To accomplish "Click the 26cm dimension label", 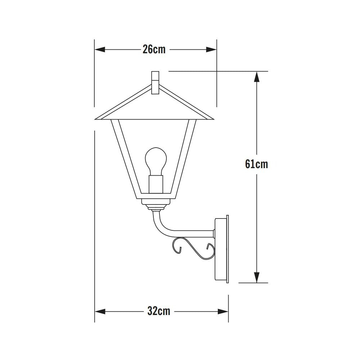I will (x=154, y=50).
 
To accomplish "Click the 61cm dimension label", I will (x=256, y=164).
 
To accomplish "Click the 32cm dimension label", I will (x=158, y=311).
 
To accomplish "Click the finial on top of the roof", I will (x=156, y=82).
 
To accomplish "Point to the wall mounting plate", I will (x=222, y=249).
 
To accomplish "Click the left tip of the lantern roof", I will (x=96, y=118).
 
